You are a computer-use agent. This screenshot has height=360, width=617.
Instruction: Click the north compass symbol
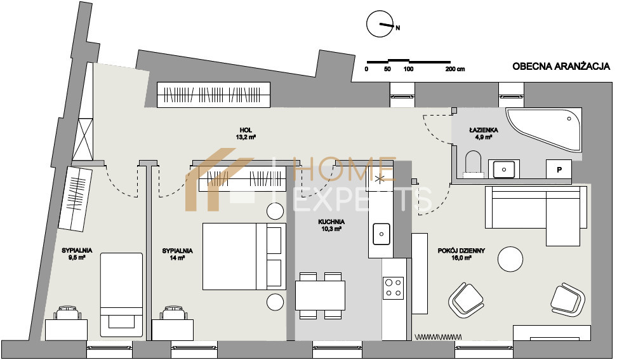point(380,24)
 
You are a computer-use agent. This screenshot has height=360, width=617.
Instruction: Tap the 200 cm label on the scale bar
point(455,69)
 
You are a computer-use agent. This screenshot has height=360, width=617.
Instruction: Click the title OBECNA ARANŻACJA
point(561,67)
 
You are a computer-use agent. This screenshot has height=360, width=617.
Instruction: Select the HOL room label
point(246,130)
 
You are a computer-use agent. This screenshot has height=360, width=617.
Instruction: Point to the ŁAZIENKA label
point(483,130)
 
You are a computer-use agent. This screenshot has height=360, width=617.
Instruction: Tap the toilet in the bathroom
point(474,163)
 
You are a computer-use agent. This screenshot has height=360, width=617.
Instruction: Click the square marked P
point(559,170)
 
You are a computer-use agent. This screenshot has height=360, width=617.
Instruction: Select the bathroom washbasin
point(503,169)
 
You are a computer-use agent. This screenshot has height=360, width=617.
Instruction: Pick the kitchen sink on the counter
point(381,234)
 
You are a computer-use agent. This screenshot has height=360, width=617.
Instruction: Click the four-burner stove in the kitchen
point(394,288)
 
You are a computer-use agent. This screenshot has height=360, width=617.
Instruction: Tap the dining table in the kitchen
point(320,295)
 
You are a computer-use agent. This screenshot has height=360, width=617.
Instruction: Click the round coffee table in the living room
point(510,258)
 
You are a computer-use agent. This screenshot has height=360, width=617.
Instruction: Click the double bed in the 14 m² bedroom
point(244,256)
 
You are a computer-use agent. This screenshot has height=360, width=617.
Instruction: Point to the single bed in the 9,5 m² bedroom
point(121,292)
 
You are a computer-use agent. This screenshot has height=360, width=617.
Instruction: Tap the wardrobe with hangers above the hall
point(214,95)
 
